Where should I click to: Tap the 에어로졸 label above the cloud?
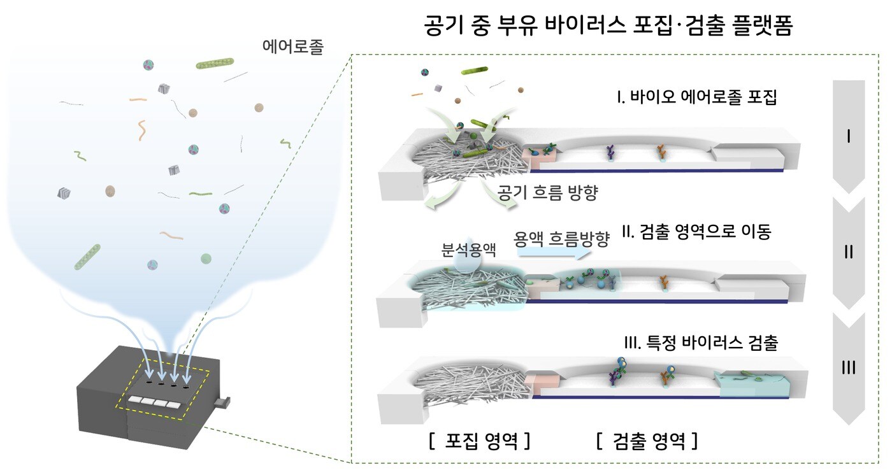pos(292,47)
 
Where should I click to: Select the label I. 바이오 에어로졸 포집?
pos(694,99)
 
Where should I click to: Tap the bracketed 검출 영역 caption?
pos(647,441)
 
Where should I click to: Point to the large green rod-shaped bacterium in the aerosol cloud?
pos(215,63)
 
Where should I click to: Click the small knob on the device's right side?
pos(222,402)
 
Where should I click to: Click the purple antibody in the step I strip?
pos(610,153)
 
